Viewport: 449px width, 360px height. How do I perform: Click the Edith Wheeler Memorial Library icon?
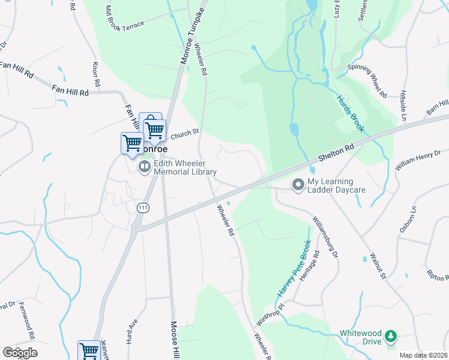(144, 167)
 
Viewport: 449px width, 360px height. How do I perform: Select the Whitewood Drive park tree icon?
(391, 336)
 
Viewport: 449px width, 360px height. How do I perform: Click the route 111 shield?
(142, 207)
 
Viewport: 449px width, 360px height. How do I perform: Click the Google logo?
(20, 353)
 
